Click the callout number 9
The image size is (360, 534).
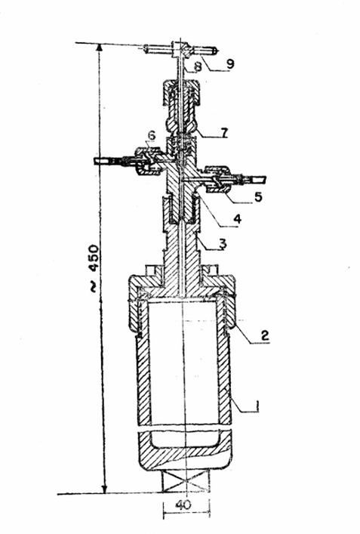(x=230, y=63)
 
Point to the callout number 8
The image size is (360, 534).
(x=197, y=66)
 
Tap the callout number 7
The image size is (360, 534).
(x=224, y=131)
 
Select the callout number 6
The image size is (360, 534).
(x=152, y=135)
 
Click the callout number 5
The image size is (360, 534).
(x=258, y=196)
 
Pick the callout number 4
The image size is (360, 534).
(x=237, y=218)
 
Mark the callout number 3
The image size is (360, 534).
(x=222, y=244)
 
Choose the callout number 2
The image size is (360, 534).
(x=265, y=335)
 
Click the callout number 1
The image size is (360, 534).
(x=257, y=406)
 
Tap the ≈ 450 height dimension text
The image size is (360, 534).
(x=93, y=268)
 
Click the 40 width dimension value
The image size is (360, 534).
(x=183, y=505)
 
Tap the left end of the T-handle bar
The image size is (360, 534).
(x=146, y=48)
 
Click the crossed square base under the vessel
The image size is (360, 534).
(x=186, y=482)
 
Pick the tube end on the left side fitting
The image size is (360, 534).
(x=100, y=161)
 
